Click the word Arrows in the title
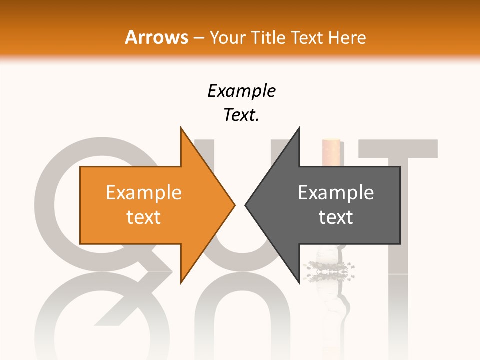(x=156, y=37)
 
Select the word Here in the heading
(x=347, y=38)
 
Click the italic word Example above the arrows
(x=241, y=91)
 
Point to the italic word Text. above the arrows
(x=241, y=115)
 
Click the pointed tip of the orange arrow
(x=234, y=204)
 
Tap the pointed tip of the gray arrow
(x=246, y=204)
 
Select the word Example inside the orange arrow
(x=144, y=193)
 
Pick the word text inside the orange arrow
(x=144, y=217)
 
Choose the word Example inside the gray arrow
(x=336, y=193)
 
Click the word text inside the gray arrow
(x=336, y=217)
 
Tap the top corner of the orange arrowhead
(x=181, y=128)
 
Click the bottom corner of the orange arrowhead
(x=181, y=282)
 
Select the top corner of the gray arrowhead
(x=299, y=128)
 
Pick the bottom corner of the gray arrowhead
(x=299, y=282)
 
